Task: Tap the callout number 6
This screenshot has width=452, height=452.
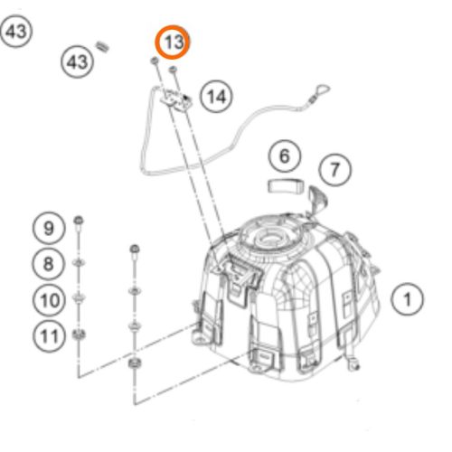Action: coord(285,157)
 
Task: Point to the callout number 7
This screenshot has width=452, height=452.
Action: coord(335,169)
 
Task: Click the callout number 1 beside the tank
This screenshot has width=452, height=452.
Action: coord(408,298)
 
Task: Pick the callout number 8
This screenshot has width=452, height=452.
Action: coord(49,263)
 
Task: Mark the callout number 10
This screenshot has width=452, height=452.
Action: coord(49,298)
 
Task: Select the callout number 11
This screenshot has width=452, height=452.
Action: coord(49,336)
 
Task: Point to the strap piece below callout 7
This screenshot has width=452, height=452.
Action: coord(317,199)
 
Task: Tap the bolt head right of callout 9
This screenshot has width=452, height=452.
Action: coord(80,221)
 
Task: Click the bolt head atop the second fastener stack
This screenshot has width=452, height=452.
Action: coord(135,248)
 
